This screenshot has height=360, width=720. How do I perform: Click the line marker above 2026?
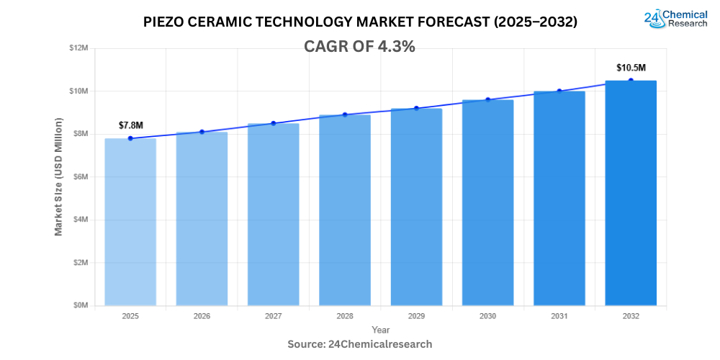pyautogui.click(x=202, y=132)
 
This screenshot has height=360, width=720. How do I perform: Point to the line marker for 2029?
pyautogui.click(x=416, y=108)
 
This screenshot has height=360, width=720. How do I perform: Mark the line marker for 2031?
pyautogui.click(x=559, y=91)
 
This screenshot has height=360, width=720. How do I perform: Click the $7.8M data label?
pyautogui.click(x=130, y=125)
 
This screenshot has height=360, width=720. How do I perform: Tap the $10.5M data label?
pyautogui.click(x=631, y=68)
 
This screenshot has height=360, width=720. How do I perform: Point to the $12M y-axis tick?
pyautogui.click(x=78, y=48)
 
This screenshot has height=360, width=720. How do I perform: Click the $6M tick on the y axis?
pyautogui.click(x=80, y=176)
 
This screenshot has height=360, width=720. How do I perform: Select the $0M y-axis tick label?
pyautogui.click(x=80, y=305)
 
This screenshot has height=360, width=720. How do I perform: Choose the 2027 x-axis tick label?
pyautogui.click(x=273, y=316)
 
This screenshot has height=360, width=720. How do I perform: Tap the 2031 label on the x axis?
pyautogui.click(x=559, y=316)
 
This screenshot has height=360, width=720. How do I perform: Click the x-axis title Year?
pyautogui.click(x=381, y=330)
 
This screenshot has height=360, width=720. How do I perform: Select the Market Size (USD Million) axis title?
pyautogui.click(x=58, y=177)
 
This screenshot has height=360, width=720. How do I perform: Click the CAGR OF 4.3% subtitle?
pyautogui.click(x=359, y=46)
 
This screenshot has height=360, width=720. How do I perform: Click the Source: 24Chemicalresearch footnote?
pyautogui.click(x=360, y=344)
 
